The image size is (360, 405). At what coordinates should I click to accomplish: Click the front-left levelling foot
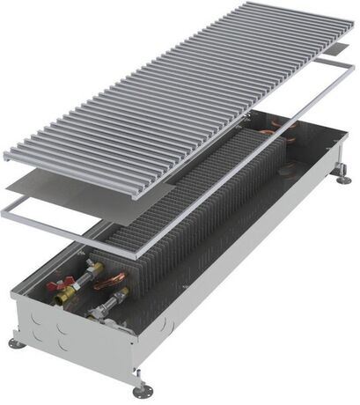[x=17, y=342]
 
